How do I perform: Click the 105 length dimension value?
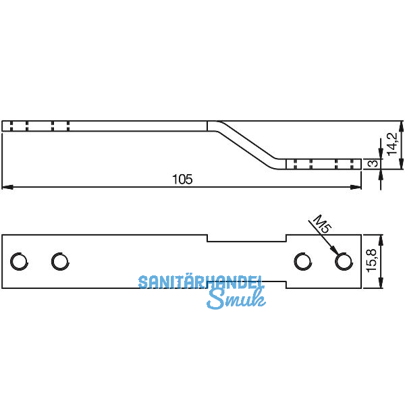pos(182,179)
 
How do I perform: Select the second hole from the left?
pos(59,261)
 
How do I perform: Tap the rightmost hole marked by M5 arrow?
pos(344,261)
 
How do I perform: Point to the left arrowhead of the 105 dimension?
pos(5,186)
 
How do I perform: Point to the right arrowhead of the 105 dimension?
pos(358,186)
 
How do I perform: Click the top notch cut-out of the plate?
pos(246,238)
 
